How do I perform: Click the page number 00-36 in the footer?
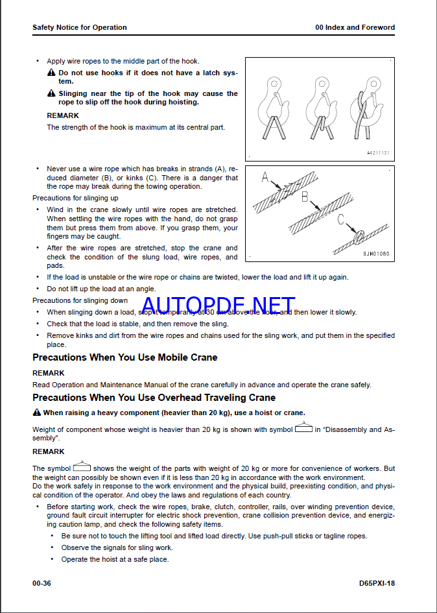(41, 583)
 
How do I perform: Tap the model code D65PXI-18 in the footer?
(377, 583)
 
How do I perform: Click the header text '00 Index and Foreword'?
(355, 27)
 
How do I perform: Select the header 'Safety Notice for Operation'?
(80, 27)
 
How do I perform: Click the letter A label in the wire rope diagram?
(265, 178)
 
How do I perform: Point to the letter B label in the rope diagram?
(305, 197)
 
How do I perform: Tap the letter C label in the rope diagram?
(341, 220)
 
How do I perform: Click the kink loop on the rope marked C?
(359, 237)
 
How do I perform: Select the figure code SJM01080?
(376, 254)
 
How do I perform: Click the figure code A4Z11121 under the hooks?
(378, 153)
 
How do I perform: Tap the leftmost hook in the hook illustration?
(273, 108)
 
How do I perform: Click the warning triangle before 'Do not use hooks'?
(51, 73)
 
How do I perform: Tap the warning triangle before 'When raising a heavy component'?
(37, 413)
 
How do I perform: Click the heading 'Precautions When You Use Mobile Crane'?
(124, 357)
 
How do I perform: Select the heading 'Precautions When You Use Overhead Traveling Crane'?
(154, 398)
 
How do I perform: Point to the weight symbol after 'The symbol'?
(82, 466)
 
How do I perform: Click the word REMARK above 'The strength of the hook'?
(63, 115)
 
